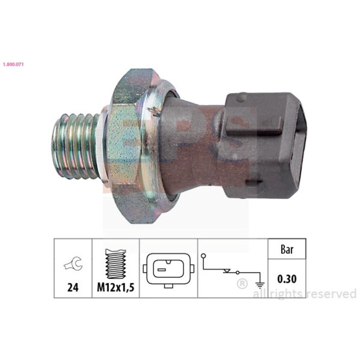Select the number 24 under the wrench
pyautogui.click(x=72, y=288)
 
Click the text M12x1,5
pyautogui.click(x=115, y=288)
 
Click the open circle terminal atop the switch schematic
pyautogui.click(x=203, y=256)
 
